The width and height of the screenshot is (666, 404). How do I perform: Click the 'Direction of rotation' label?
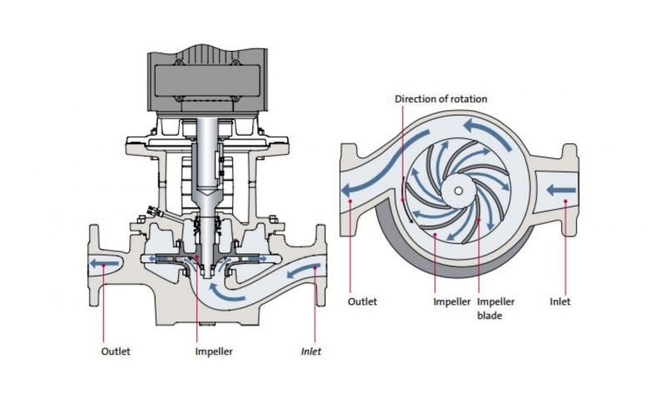(440, 99)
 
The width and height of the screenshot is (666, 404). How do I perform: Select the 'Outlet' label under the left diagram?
(116, 351)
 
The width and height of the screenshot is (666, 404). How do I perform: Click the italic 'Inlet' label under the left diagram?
(310, 351)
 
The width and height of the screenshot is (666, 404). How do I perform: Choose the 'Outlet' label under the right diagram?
(363, 302)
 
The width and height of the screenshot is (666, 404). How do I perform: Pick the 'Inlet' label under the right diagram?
(561, 302)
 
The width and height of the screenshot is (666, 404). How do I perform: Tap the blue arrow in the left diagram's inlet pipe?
(303, 268)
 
